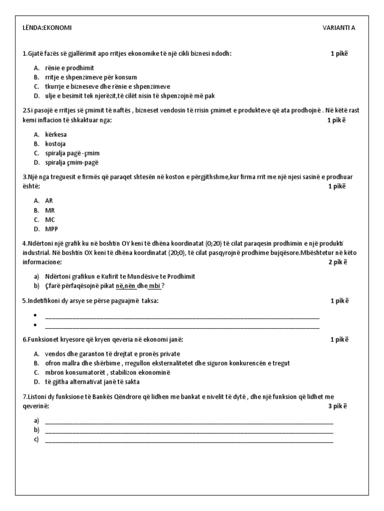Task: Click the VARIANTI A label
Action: [x=338, y=28]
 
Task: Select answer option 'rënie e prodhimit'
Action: [x=69, y=68]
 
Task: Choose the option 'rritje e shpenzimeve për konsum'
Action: [x=90, y=77]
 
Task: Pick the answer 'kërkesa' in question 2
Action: [x=56, y=134]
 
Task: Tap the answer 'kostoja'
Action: [x=55, y=144]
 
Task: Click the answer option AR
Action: [x=49, y=201]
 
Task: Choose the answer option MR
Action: [x=49, y=210]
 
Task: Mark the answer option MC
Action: [x=49, y=220]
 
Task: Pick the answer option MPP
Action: [x=51, y=229]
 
